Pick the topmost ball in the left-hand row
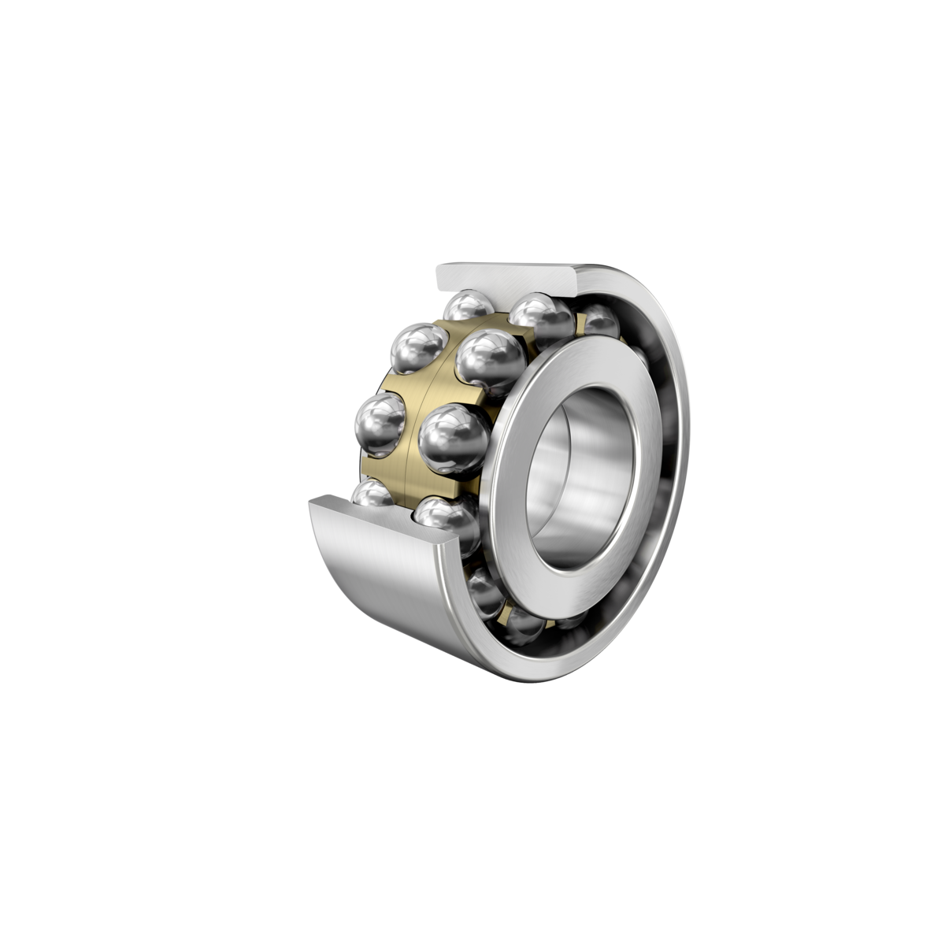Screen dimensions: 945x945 (x=466, y=309)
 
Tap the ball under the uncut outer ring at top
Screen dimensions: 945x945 (x=600, y=321)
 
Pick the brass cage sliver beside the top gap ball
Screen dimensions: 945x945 (x=580, y=323)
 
